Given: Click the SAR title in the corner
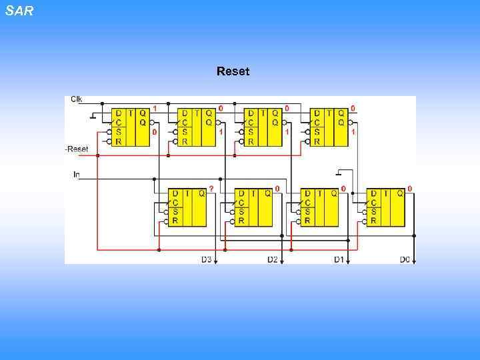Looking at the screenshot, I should click(x=19, y=11).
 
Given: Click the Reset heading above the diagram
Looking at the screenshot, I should click(x=233, y=71).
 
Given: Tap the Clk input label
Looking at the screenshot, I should click(x=77, y=99).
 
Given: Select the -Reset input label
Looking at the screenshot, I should click(x=77, y=149).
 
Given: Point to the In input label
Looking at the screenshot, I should click(x=77, y=174).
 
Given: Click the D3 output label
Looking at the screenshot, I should click(x=206, y=259).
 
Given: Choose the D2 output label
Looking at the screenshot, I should click(x=272, y=259).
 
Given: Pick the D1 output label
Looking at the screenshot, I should click(x=339, y=259).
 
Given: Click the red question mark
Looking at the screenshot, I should click(x=211, y=189).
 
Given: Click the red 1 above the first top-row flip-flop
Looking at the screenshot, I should click(x=155, y=107).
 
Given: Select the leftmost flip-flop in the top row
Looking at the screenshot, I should click(x=130, y=127).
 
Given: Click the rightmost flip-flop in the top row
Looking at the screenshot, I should click(x=329, y=127).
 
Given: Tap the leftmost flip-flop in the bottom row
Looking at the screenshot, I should click(x=187, y=207).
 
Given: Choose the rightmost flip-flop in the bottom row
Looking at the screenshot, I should click(x=385, y=207).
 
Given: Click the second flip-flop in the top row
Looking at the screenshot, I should click(x=197, y=127).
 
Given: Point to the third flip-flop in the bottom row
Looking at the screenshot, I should click(x=319, y=207).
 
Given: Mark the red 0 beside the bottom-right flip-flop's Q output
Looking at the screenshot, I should click(x=409, y=189).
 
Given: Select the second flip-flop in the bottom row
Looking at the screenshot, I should click(x=253, y=207).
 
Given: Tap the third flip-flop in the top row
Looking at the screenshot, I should click(x=263, y=127).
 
